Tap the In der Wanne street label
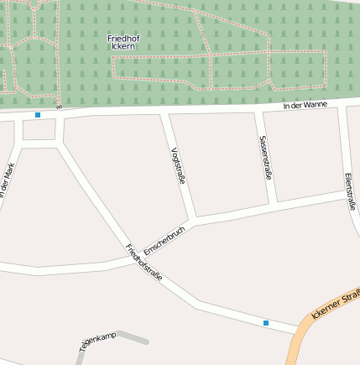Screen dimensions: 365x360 pyautogui.click(x=305, y=104)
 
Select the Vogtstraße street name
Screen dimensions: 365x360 pyautogui.click(x=177, y=164)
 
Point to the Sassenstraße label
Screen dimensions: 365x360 pyautogui.click(x=265, y=157)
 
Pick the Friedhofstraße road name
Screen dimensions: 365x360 pyautogui.click(x=143, y=262)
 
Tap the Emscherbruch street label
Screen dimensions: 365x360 pyautogui.click(x=164, y=241)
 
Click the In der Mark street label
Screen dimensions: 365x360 pyautogui.click(x=8, y=180)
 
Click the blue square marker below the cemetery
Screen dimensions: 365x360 pyautogui.click(x=38, y=114)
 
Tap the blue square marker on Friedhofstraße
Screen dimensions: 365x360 pyautogui.click(x=266, y=322)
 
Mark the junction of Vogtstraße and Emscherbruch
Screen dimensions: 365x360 pyautogui.click(x=193, y=221)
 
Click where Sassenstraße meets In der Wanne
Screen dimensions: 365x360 pyautogui.click(x=256, y=111)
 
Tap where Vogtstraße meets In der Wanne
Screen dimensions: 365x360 pyautogui.click(x=166, y=112)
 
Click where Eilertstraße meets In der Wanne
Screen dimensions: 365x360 pyautogui.click(x=345, y=107)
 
